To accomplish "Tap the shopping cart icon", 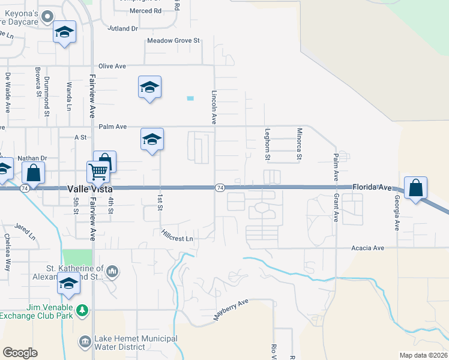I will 97,172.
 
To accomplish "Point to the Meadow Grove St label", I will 173,41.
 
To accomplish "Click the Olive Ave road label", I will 111,66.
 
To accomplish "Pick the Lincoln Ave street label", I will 214,107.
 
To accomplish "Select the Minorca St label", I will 298,144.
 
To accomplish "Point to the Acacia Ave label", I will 369,248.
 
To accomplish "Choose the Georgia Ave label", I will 397,212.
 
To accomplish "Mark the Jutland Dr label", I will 123,28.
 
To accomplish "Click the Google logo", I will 20,353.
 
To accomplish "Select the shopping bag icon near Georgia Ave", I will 415,188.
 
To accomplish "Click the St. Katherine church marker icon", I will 112,273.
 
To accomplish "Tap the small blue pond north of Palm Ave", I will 190,98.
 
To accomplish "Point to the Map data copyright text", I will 423,355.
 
